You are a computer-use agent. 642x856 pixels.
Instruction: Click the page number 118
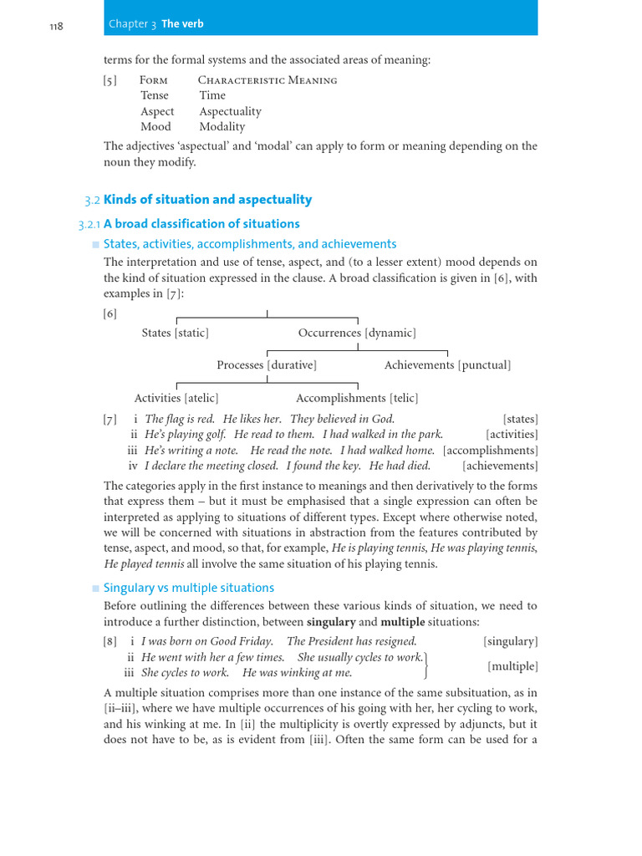57,25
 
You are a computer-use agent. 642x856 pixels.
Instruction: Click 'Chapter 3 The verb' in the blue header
155,24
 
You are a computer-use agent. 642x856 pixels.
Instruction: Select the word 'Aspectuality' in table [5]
230,111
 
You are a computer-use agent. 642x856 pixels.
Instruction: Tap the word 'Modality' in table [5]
222,127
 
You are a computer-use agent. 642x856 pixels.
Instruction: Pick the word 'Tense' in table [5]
155,95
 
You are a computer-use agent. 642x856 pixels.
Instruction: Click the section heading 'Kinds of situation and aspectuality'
207,200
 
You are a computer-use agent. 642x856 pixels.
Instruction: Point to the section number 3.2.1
89,224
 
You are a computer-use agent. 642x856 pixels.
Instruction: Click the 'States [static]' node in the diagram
176,333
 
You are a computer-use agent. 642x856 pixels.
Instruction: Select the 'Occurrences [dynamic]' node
357,333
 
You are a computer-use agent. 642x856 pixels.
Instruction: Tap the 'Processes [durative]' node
267,365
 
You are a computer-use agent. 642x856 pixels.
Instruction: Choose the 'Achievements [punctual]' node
447,365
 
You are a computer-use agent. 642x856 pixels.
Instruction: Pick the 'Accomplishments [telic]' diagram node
357,398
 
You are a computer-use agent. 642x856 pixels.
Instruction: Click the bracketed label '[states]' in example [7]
520,419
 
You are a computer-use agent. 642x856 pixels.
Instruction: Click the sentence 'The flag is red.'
180,419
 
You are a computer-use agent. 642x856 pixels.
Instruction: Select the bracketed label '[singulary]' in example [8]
510,641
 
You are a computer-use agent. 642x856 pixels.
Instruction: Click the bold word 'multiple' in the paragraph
403,623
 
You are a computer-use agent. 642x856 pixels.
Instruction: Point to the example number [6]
110,313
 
